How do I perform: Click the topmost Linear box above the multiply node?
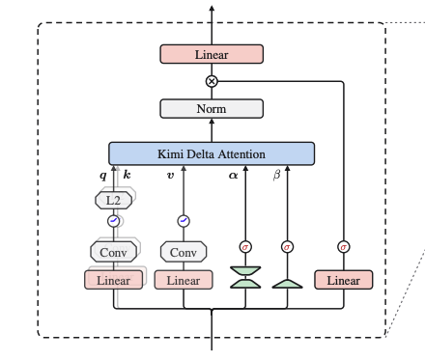212,54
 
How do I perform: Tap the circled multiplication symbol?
212,81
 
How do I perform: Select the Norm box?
212,109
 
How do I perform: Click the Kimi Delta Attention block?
212,153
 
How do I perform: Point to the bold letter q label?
103,176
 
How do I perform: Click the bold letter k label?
127,175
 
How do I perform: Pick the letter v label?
170,176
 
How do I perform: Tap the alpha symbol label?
233,176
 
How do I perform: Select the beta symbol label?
276,176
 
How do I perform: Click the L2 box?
113,201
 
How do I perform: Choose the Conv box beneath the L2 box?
113,252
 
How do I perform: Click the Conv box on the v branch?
184,252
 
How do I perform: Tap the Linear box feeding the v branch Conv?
184,280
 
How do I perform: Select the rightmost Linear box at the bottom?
344,280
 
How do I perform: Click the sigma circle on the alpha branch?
245,247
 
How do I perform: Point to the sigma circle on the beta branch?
287,247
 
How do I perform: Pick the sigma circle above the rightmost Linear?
344,247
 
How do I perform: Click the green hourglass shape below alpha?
245,277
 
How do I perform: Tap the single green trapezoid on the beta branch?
287,284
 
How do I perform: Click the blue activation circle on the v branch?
184,221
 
